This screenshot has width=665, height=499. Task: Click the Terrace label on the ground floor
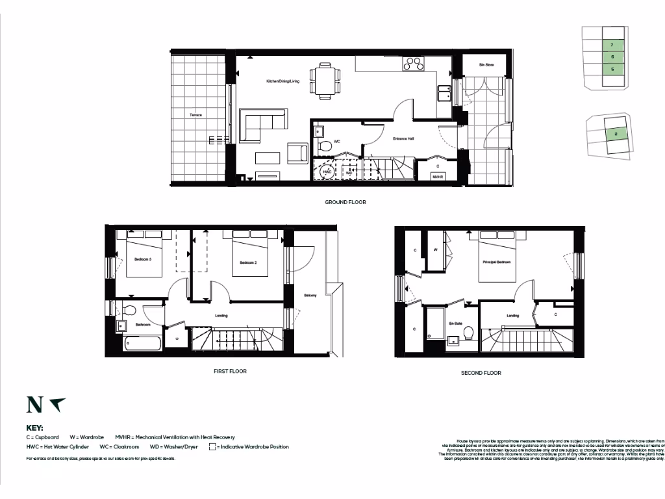[x=195, y=115]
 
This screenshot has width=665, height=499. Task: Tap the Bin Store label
[x=486, y=65]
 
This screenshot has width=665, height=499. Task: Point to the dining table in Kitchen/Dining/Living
[x=324, y=81]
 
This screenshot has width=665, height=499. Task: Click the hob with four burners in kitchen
[x=413, y=64]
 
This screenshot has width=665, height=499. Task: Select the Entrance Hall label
[x=403, y=138]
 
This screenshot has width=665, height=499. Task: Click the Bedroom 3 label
[x=143, y=259]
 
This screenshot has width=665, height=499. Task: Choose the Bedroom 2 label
[x=249, y=262]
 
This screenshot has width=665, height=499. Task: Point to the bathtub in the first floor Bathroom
[x=142, y=343]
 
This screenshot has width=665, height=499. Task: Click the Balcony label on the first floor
[x=310, y=296]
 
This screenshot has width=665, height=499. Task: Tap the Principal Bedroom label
[x=496, y=262]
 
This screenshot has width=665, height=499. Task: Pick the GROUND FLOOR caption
[x=345, y=202]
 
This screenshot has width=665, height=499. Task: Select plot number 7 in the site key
[x=612, y=45]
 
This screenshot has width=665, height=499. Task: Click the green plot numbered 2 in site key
[x=614, y=134]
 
